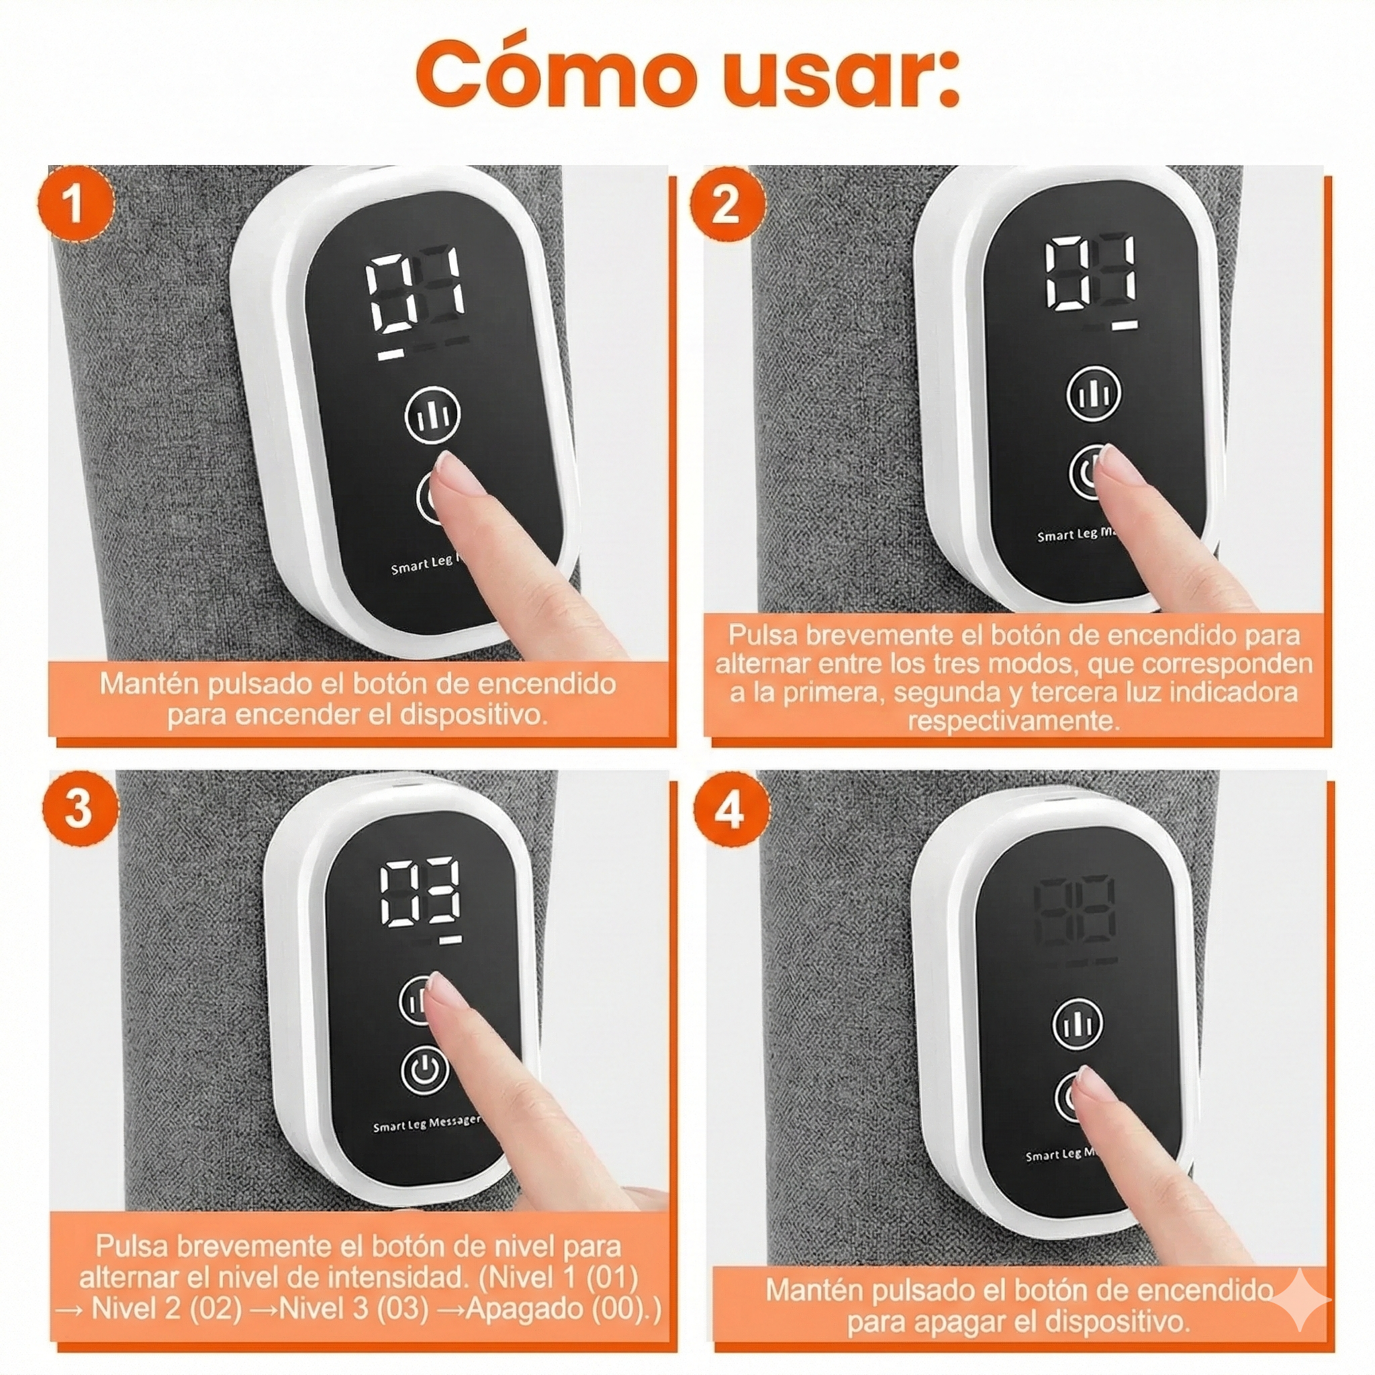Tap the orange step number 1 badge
75,205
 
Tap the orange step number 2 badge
726,205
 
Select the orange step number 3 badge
79,808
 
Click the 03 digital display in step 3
420,893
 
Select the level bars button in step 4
1077,1024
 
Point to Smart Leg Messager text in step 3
427,1123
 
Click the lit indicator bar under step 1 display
391,354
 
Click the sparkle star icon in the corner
1300,1300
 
